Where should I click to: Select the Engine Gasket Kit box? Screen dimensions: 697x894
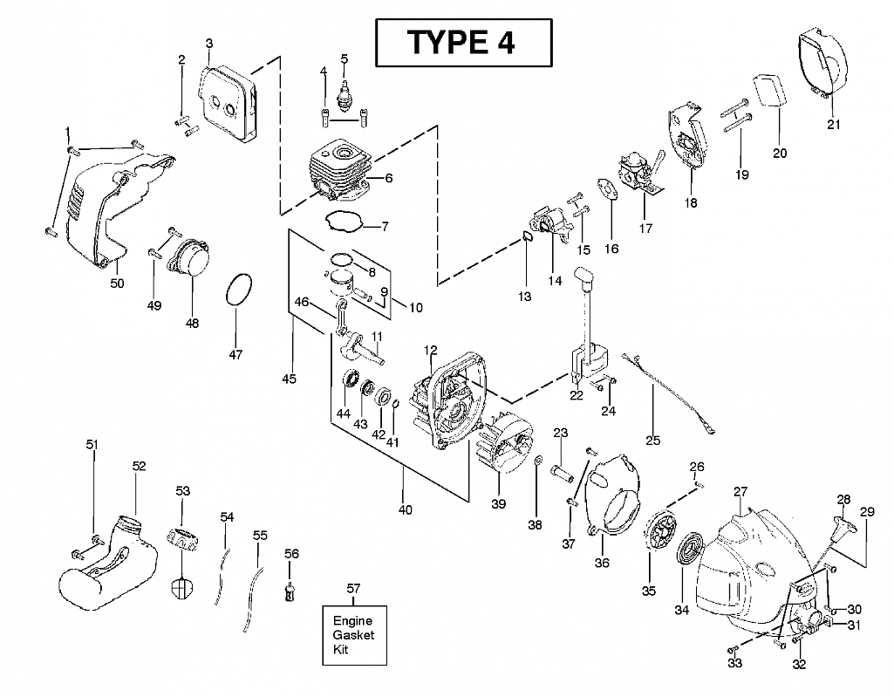353,634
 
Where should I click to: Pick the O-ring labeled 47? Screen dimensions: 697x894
240,290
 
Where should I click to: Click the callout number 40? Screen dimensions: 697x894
406,509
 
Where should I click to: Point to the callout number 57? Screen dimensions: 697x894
353,590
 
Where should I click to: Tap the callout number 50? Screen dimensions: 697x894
117,283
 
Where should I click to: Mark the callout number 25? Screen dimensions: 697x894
652,440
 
